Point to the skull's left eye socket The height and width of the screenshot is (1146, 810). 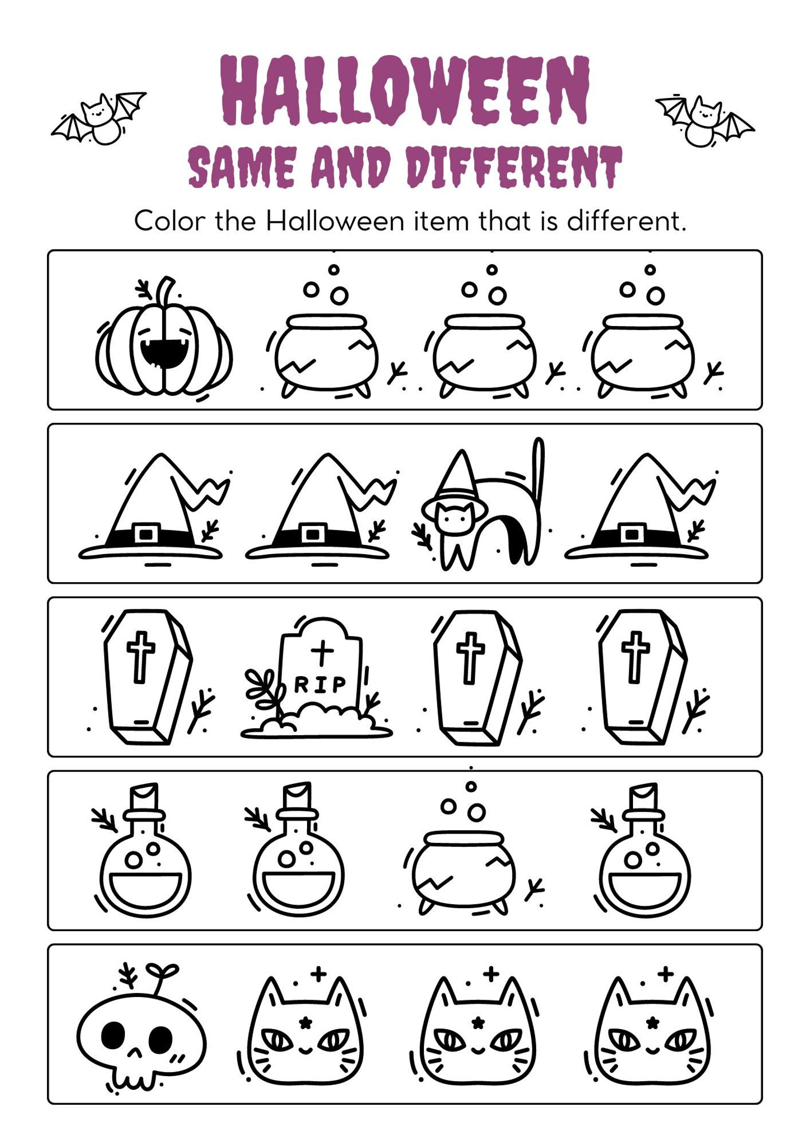[113, 1035]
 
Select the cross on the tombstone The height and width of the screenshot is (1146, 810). [321, 653]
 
